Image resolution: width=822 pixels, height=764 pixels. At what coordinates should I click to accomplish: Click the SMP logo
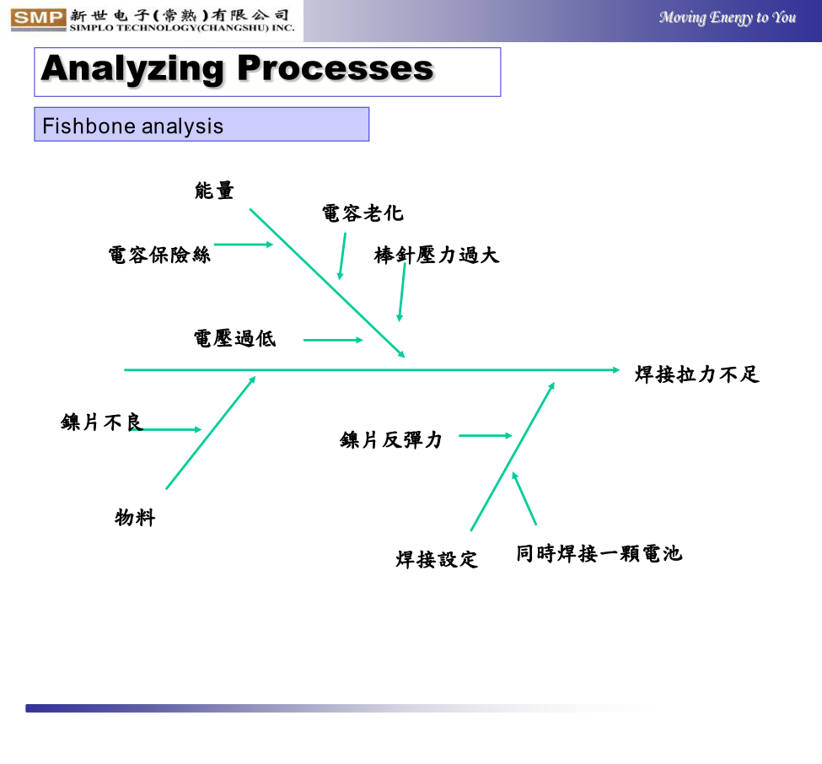tap(38, 19)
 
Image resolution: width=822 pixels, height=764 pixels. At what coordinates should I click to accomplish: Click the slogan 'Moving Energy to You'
tap(728, 18)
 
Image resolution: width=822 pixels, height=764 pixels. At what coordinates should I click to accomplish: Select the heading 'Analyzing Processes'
tap(238, 68)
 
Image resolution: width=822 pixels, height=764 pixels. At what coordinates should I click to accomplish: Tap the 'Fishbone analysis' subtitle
tap(132, 126)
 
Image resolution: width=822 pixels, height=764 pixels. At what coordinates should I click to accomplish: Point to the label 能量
tap(214, 191)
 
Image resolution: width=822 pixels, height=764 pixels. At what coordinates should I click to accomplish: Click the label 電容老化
tap(363, 213)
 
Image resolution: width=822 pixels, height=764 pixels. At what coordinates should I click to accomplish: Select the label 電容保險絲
tap(159, 255)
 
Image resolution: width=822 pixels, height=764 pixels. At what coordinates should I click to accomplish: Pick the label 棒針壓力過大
tap(437, 255)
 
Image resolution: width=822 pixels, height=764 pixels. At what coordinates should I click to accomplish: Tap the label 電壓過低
tap(235, 338)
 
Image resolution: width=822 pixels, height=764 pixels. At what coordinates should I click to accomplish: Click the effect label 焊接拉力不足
tap(697, 374)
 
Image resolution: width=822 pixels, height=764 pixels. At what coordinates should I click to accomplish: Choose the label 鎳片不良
tap(102, 422)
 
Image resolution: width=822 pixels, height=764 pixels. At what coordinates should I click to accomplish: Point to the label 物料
tap(135, 518)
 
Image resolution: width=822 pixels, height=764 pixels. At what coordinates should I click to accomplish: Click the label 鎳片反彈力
tap(391, 439)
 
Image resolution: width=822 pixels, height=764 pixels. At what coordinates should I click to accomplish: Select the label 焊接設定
tap(437, 559)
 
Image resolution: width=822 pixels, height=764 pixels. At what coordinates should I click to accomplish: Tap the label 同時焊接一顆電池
tap(599, 553)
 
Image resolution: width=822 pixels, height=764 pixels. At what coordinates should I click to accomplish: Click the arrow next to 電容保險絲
tap(244, 245)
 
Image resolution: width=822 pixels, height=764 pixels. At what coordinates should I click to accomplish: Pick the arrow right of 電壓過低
tap(333, 340)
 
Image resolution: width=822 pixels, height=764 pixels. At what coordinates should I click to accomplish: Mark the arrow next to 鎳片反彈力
tap(486, 435)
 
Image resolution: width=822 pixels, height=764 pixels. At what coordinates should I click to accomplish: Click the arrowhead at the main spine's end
tap(616, 369)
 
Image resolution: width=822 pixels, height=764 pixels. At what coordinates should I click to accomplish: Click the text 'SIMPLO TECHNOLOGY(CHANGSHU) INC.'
tap(182, 28)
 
